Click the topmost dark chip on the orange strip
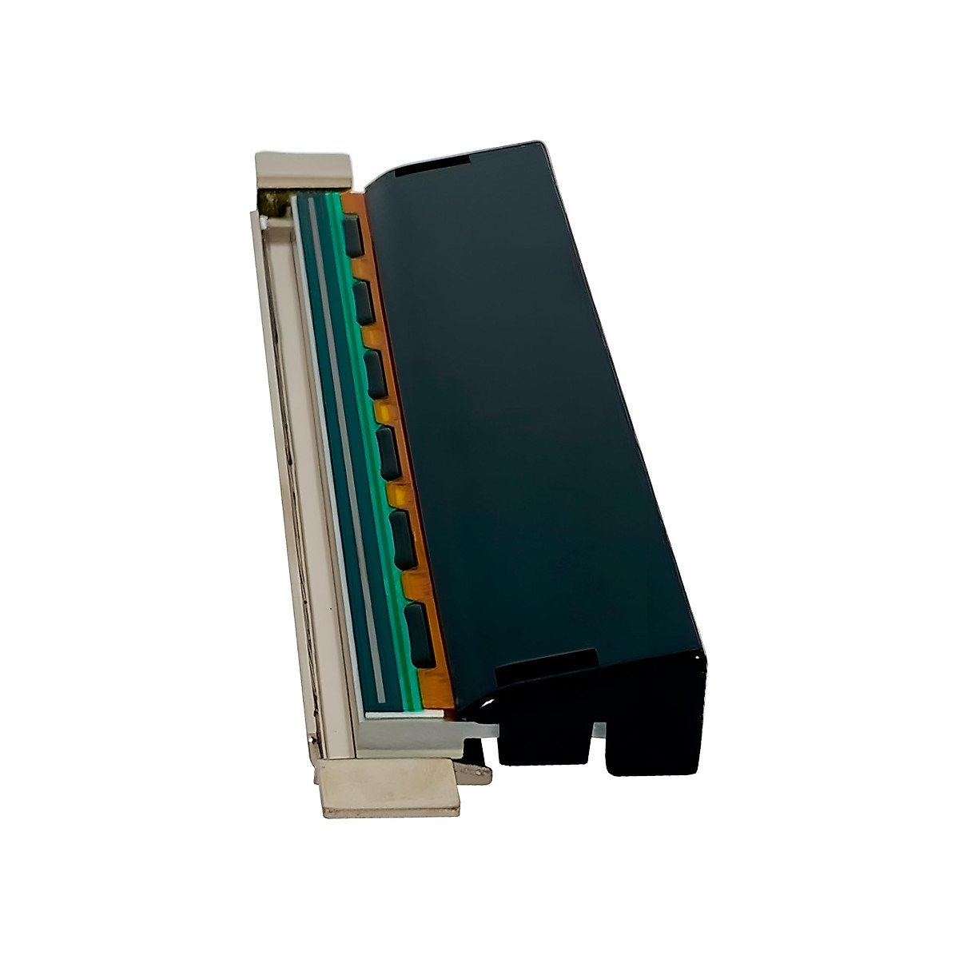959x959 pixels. tap(353, 237)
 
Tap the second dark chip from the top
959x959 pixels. tap(364, 302)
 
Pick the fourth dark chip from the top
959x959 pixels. tap(388, 452)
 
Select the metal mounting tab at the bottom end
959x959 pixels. tap(389, 787)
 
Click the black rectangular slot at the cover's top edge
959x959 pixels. tap(432, 166)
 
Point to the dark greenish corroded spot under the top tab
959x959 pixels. tap(277, 205)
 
